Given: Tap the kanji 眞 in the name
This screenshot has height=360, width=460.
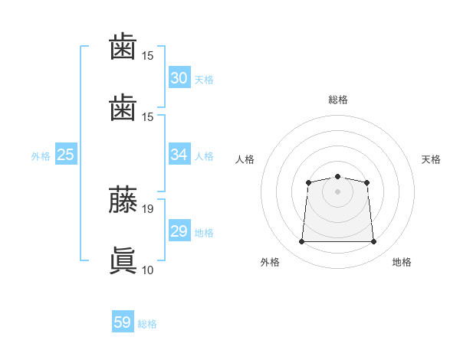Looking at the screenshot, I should [x=123, y=260].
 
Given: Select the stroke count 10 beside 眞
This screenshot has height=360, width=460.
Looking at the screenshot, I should [x=148, y=270].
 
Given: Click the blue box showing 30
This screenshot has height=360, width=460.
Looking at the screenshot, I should [x=179, y=78].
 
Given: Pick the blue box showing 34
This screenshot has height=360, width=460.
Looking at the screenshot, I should [x=179, y=155].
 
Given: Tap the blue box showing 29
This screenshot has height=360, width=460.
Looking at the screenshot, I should [x=179, y=231].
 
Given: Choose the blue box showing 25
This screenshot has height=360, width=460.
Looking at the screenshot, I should [x=66, y=155].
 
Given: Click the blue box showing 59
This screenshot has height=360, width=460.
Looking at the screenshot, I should [x=123, y=322].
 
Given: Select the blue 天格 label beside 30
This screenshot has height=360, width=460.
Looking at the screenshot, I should [x=203, y=80].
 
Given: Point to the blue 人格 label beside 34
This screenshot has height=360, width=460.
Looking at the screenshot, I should [x=203, y=156].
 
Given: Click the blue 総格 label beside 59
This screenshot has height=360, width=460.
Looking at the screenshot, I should [x=147, y=324].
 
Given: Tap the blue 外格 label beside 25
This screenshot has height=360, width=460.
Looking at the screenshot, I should [x=41, y=156].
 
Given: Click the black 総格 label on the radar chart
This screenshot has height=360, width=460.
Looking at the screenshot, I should [x=337, y=100].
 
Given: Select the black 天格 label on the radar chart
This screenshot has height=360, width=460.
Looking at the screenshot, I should [x=431, y=159].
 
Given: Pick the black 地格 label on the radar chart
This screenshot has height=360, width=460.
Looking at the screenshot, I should [x=402, y=262].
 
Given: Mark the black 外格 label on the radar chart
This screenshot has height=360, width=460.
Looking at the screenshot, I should [x=270, y=262].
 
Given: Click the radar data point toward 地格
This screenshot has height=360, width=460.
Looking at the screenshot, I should [x=374, y=242].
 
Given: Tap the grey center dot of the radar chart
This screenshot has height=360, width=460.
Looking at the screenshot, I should [x=337, y=191].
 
